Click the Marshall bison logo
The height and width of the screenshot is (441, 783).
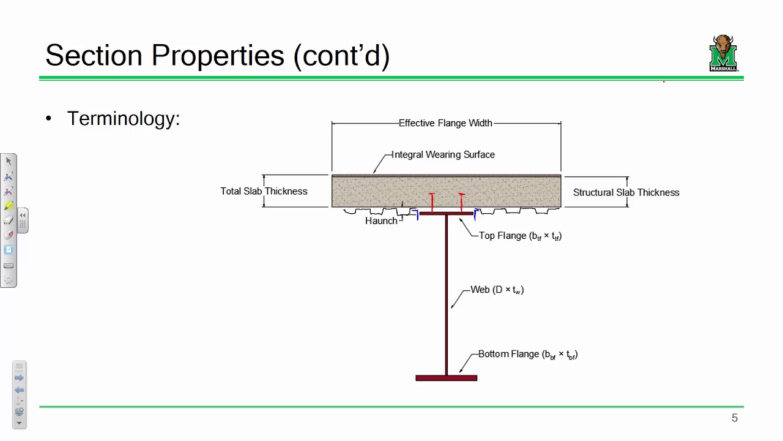click(724, 53)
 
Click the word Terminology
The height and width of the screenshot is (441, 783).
click(123, 118)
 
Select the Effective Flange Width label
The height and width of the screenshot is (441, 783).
click(445, 123)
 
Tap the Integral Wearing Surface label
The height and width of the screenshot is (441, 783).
click(443, 154)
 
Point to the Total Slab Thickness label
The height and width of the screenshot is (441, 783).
click(264, 191)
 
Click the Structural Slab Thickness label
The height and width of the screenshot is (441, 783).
click(626, 192)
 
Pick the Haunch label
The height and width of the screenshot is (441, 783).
click(381, 221)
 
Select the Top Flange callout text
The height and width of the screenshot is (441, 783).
click(520, 236)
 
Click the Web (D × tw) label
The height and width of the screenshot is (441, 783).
click(497, 290)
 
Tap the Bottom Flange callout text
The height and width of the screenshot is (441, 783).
click(527, 354)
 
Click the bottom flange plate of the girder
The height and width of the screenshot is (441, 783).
click(446, 378)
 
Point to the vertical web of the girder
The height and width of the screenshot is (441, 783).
click(447, 294)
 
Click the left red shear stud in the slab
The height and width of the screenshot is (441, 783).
click(432, 203)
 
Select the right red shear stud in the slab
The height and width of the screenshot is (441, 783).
click(461, 203)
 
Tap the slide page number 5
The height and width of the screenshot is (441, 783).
click(735, 418)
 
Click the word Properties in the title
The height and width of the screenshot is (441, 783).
click(217, 55)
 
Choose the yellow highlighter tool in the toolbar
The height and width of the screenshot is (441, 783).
click(9, 206)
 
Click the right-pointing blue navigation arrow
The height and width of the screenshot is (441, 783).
click(19, 378)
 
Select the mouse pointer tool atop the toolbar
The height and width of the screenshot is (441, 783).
click(9, 161)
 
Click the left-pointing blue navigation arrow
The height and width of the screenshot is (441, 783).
click(19, 390)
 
